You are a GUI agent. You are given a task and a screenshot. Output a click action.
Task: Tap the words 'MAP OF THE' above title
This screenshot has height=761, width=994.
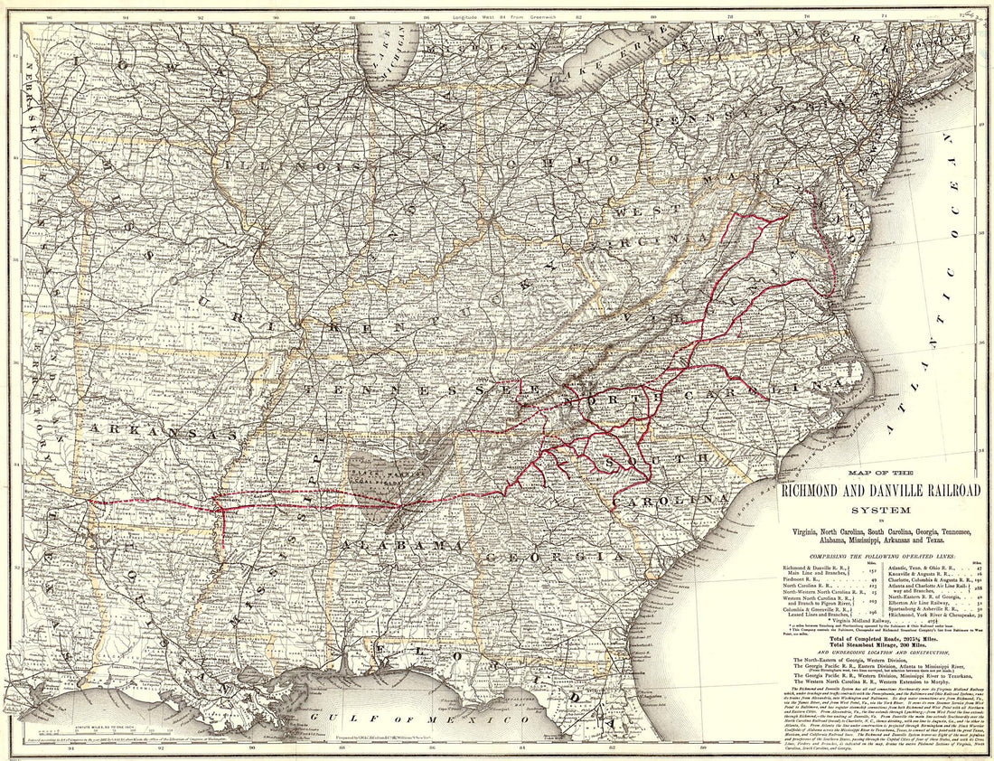[878, 474]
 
